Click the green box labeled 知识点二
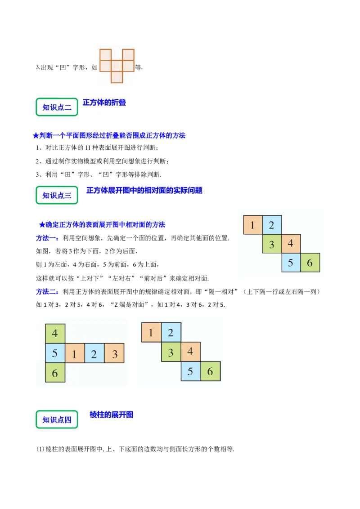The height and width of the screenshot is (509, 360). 57,107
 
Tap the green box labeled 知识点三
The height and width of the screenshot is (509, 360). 57,195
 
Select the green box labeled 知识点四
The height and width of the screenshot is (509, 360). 57,420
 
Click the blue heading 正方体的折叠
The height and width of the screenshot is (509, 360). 104,103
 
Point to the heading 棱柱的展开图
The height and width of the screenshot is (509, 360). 112,415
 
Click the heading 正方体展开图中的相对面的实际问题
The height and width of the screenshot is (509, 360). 144,191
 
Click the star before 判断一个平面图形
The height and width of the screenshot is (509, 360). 36,136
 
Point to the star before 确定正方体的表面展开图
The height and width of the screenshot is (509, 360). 42,225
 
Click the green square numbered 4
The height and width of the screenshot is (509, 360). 55,333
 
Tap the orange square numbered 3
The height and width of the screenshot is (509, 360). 114,353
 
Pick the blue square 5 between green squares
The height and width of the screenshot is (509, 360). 55,353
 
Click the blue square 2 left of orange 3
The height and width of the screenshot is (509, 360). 94,353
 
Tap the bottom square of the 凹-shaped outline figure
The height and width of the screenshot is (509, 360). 117,77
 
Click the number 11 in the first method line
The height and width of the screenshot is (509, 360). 87,148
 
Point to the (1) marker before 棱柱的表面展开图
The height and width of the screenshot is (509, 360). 40,449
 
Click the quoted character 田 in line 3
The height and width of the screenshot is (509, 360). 67,174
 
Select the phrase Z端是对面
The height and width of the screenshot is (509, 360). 129,305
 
